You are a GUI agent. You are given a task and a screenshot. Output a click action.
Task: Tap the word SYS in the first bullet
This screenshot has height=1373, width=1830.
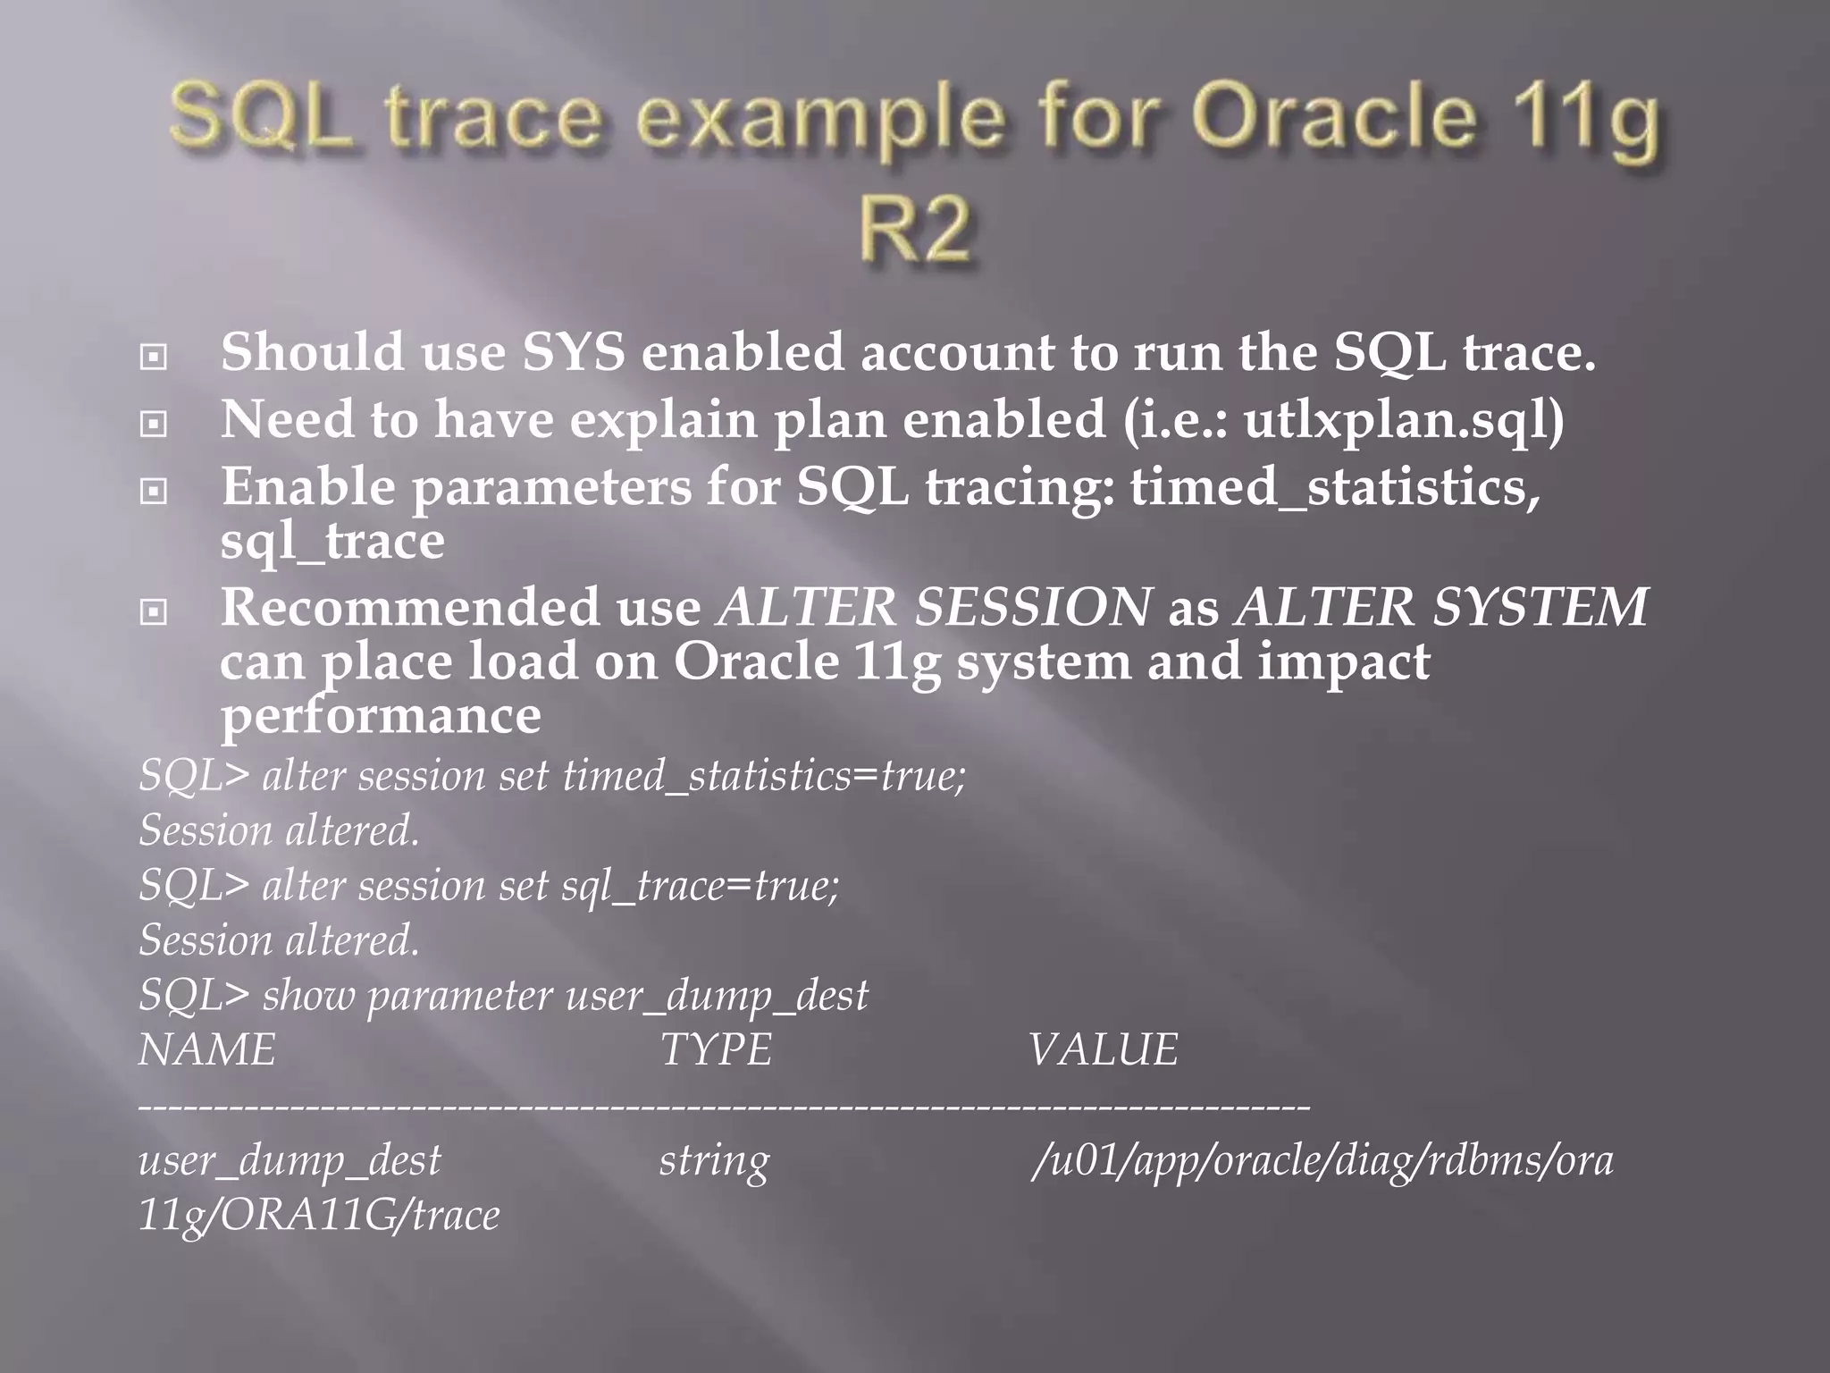(573, 352)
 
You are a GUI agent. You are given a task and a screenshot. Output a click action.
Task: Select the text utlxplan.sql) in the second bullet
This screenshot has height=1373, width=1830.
(1403, 419)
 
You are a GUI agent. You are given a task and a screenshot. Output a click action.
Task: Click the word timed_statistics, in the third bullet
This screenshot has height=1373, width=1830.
(1335, 487)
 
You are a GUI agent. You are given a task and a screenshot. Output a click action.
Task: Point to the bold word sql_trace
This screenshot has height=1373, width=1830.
(332, 541)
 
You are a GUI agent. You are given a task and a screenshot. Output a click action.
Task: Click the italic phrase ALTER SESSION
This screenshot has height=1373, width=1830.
(935, 608)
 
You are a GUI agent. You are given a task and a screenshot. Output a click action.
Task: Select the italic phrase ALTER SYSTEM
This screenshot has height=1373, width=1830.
(1440, 608)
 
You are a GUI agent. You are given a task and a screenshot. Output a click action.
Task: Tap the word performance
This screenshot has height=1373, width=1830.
(381, 715)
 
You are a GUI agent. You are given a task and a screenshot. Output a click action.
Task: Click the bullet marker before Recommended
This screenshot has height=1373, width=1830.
(154, 612)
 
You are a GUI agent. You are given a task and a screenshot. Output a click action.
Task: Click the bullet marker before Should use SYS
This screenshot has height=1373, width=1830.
(154, 358)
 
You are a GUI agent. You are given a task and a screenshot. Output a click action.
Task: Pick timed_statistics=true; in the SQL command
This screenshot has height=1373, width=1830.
(764, 776)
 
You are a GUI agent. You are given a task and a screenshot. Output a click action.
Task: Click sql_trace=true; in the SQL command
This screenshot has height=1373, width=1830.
(700, 886)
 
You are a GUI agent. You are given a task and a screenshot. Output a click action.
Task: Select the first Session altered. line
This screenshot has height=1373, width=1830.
(279, 830)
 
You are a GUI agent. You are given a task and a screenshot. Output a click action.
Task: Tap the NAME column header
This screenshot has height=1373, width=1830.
(207, 1049)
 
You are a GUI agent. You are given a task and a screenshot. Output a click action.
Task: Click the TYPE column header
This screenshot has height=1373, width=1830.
(716, 1049)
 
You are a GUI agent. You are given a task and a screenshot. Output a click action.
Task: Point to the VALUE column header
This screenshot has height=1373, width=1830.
(1103, 1049)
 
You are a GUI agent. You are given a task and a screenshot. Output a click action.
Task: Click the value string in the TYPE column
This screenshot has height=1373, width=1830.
(714, 1161)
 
